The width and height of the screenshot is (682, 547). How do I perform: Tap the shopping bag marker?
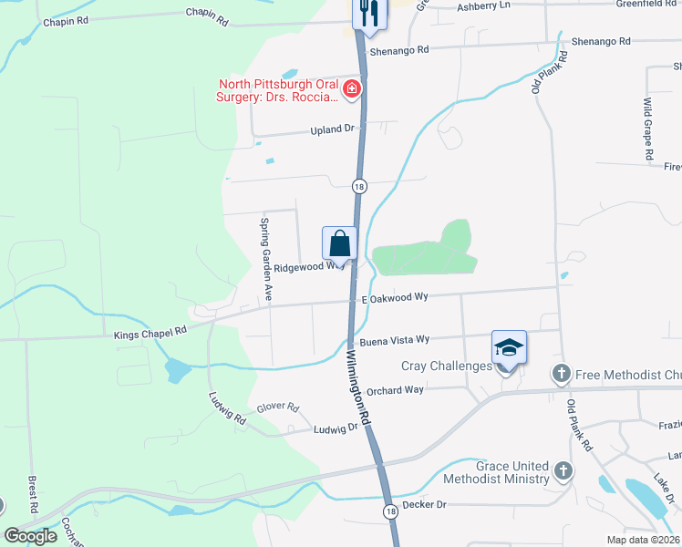(x=339, y=244)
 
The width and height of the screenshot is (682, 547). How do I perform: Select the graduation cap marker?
(x=510, y=347)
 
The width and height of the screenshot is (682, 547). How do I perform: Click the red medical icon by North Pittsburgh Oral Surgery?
(x=352, y=89)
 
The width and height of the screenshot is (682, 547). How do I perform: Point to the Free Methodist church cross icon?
(x=561, y=373)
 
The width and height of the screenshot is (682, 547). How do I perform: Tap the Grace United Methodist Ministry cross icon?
(x=563, y=471)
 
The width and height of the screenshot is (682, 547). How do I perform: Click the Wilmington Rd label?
(x=357, y=387)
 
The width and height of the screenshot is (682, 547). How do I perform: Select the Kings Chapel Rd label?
(x=150, y=334)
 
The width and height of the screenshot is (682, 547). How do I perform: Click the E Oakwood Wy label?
(x=395, y=298)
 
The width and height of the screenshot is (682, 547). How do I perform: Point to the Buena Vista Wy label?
(x=394, y=341)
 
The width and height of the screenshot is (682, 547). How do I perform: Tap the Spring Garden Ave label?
(x=266, y=260)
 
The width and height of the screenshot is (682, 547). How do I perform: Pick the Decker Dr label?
(x=423, y=503)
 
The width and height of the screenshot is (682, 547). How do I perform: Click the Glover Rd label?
(x=278, y=407)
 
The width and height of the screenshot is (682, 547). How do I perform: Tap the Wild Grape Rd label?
(x=647, y=129)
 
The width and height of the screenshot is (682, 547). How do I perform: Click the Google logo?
(x=30, y=536)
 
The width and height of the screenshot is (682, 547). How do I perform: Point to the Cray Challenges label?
(x=447, y=366)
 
